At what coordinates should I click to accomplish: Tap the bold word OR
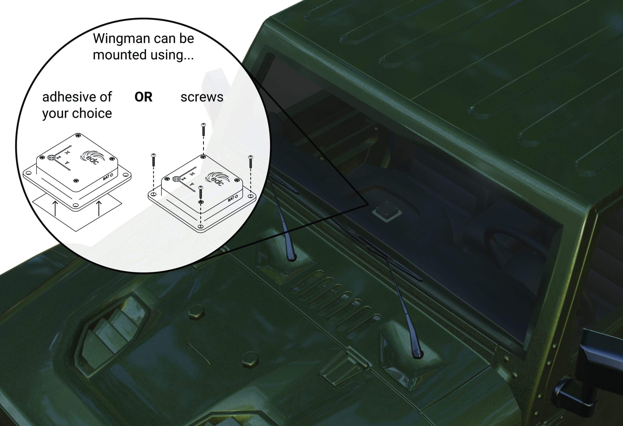tap(143, 97)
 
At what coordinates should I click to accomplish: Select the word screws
tap(202, 97)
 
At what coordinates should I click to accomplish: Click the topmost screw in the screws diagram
tap(203, 130)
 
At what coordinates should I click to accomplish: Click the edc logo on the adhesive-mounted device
tap(90, 157)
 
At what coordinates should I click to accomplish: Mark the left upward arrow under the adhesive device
tap(55, 208)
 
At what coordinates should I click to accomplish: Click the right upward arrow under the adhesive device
tap(99, 208)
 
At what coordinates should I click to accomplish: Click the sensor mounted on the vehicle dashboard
tap(387, 211)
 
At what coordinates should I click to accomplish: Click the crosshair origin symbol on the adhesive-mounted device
tap(51, 158)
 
